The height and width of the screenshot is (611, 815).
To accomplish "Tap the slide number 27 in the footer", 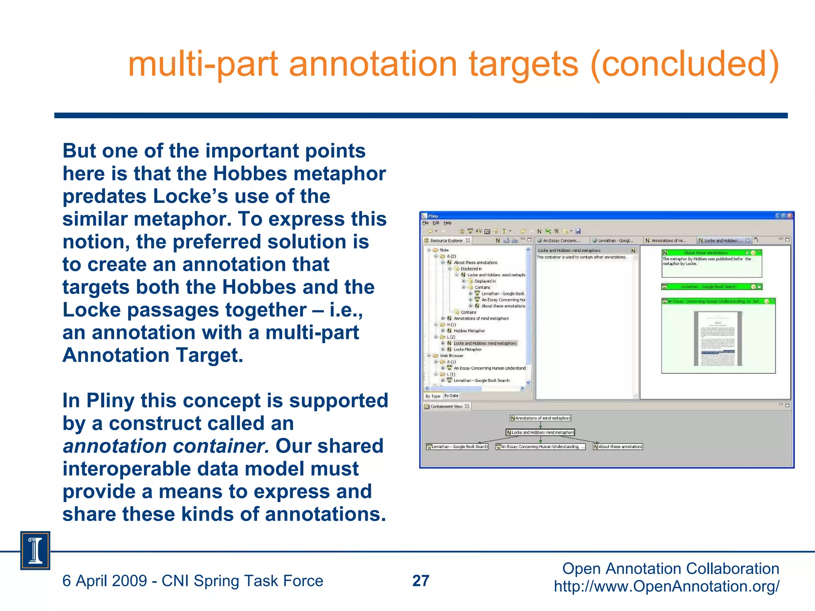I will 421,581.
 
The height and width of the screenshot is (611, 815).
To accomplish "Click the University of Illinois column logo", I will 35,551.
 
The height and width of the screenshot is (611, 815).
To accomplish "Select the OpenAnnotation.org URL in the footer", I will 667,587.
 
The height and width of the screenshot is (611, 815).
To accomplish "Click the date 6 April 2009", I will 105,581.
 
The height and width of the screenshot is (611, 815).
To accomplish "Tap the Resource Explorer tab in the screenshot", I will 446,241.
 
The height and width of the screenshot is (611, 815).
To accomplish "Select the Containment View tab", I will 446,407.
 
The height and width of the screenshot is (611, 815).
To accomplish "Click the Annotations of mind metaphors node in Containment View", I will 540,418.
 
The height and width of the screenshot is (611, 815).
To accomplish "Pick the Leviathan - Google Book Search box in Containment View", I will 457,447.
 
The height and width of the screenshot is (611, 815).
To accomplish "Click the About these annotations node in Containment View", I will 618,447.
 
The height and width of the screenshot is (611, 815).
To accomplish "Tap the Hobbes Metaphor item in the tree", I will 469,331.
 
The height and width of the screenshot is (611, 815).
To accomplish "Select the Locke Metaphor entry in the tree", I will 468,350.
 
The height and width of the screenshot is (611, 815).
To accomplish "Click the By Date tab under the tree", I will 451,396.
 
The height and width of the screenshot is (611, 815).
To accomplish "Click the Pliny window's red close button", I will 790,216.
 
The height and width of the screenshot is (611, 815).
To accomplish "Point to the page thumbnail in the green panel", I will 718,339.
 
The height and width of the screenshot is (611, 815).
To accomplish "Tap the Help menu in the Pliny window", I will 448,223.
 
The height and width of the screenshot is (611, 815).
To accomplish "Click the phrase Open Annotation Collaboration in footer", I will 670,569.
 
